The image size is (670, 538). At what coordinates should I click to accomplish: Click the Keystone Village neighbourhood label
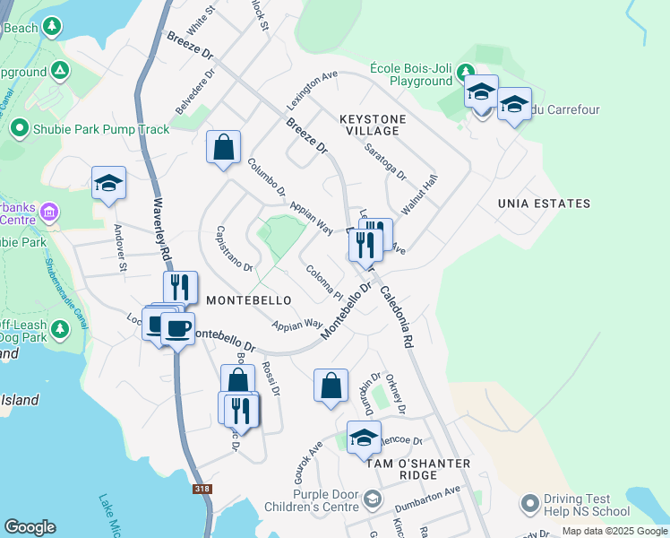[373, 125]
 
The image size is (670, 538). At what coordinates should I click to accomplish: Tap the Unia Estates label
[545, 204]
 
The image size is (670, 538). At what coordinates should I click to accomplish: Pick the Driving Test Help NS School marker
[528, 503]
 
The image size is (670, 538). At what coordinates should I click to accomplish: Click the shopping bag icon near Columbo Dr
[223, 147]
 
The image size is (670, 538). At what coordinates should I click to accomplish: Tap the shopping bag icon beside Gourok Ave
[331, 386]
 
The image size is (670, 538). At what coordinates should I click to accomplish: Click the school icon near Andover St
[109, 184]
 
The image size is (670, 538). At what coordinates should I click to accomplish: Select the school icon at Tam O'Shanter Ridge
[364, 438]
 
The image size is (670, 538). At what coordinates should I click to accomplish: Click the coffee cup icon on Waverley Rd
[177, 327]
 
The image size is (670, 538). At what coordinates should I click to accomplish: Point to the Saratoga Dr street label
[386, 161]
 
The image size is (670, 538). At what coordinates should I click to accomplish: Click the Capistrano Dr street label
[234, 248]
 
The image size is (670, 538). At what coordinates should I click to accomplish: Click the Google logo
[30, 527]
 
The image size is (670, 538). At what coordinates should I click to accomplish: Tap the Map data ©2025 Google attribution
[614, 531]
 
